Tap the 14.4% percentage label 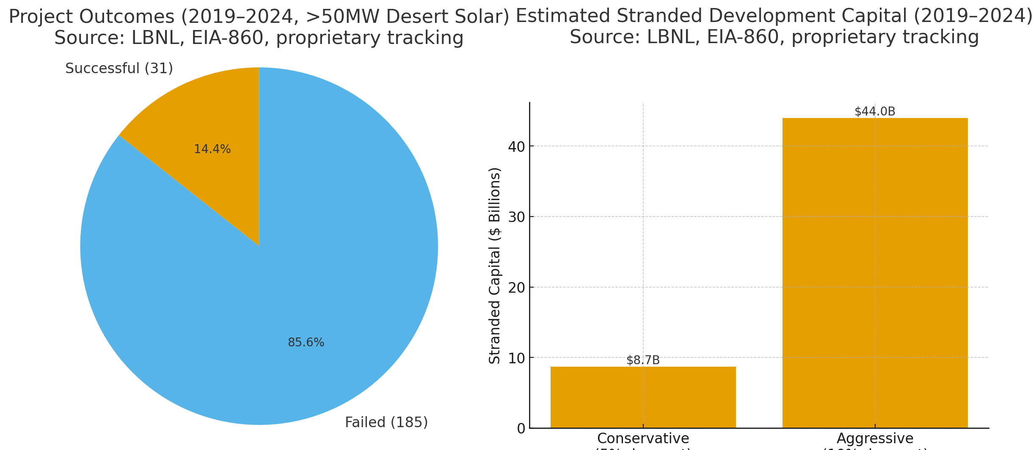[x=212, y=149]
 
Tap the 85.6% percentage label [x=306, y=343]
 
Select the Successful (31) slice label [x=119, y=69]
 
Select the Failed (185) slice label [x=386, y=423]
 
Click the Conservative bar [x=643, y=398]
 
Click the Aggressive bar [x=875, y=275]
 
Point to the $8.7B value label [x=643, y=360]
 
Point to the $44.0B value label [x=875, y=112]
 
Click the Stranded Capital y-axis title [x=495, y=266]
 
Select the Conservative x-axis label [x=643, y=439]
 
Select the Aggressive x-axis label [x=875, y=439]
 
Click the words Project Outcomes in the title [x=91, y=17]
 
